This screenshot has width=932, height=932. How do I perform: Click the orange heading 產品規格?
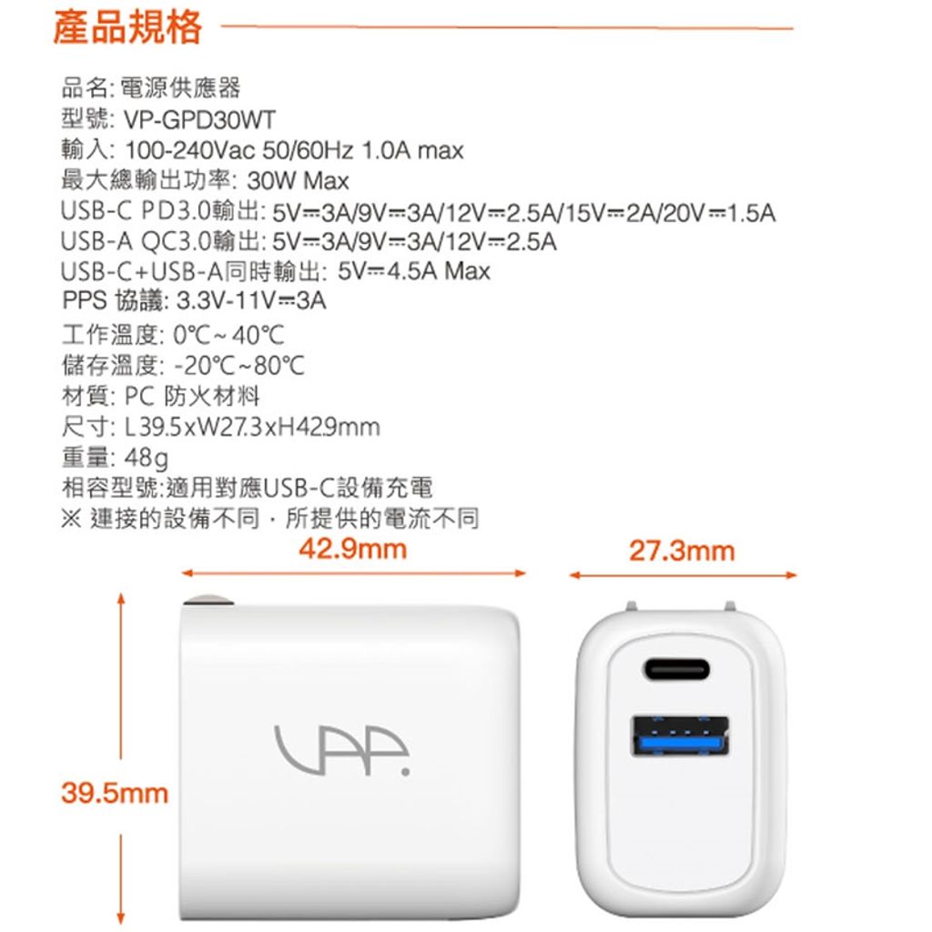(127, 27)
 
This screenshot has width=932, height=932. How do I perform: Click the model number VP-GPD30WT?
(199, 120)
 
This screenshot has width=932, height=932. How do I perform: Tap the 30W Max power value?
(298, 181)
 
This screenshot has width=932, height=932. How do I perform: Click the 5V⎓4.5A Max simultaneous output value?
(414, 271)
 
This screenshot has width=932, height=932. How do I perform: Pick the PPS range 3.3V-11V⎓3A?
(251, 300)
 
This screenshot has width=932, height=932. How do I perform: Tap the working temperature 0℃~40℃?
(228, 335)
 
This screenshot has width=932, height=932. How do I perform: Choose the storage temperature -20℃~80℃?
(239, 366)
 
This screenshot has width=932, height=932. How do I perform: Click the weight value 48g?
(147, 458)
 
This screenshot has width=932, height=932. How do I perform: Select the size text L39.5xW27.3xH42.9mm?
(252, 427)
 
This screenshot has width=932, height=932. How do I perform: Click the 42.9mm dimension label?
(352, 549)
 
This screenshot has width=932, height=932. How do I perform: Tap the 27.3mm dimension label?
(682, 551)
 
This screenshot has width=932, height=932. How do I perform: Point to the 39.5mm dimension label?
(115, 794)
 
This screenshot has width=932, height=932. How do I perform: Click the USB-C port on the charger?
(676, 670)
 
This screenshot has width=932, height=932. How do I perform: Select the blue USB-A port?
(680, 737)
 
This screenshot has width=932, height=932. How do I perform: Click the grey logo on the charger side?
(342, 750)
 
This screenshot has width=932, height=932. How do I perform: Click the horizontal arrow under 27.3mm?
(683, 575)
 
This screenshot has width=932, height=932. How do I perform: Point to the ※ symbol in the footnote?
(71, 518)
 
